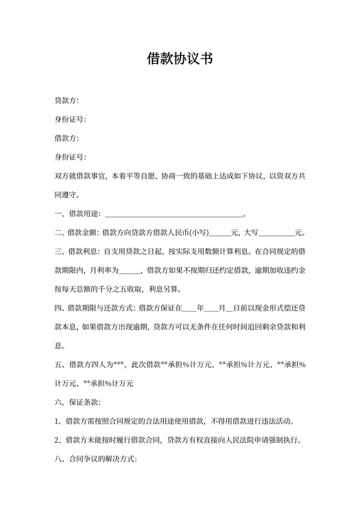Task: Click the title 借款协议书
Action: point(179,59)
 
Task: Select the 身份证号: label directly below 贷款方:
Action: point(70,120)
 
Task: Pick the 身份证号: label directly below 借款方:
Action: point(70,157)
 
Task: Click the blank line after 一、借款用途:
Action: point(174,213)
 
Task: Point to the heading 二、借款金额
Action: point(75,232)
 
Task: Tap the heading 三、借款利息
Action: point(75,251)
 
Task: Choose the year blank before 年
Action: point(189,307)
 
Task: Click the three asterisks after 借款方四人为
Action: point(118,364)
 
